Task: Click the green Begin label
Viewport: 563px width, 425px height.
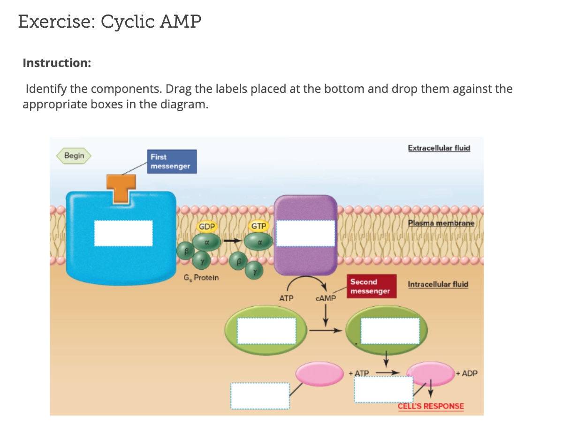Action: (74, 156)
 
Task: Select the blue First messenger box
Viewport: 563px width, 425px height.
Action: (172, 161)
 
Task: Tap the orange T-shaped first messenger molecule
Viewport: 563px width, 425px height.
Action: (121, 188)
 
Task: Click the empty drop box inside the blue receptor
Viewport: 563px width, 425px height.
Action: (123, 233)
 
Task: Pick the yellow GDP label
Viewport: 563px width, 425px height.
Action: (207, 227)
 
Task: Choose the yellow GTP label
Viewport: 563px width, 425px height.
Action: (259, 226)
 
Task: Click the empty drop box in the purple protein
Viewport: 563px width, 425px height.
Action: (305, 233)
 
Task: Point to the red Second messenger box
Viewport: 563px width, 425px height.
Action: (370, 286)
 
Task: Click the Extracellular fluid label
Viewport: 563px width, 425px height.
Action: (439, 148)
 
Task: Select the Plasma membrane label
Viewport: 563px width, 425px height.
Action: (441, 223)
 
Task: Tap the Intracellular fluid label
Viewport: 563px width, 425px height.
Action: (438, 284)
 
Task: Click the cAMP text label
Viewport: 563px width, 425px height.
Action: (326, 298)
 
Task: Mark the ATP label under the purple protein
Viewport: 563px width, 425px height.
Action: (286, 298)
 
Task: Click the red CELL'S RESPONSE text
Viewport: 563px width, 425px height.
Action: (431, 406)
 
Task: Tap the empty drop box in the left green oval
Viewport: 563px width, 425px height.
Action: (266, 330)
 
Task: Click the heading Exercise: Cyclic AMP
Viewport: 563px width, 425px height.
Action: (110, 22)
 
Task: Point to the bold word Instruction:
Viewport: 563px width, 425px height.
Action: (57, 63)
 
